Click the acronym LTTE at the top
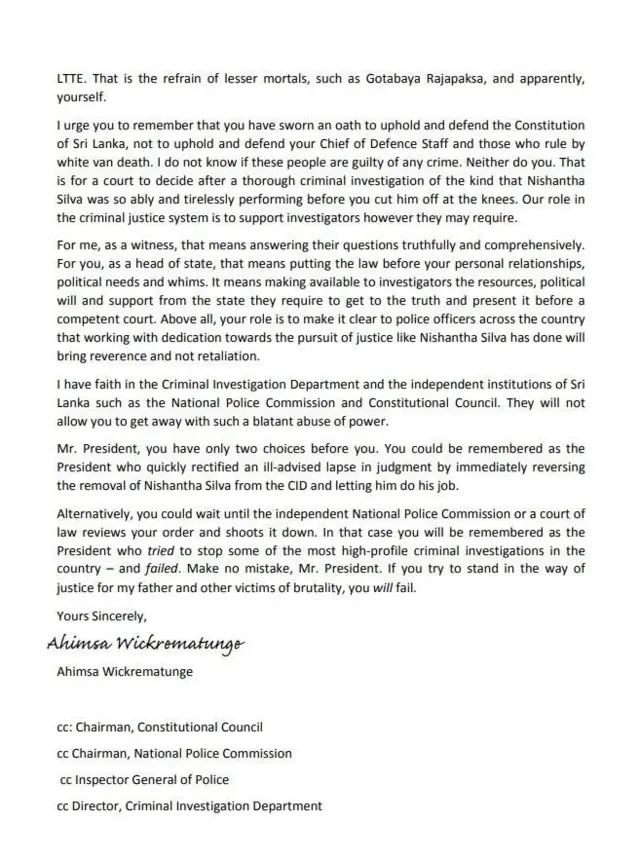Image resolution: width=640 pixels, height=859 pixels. pos(71,77)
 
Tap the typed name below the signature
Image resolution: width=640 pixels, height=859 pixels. pos(126,671)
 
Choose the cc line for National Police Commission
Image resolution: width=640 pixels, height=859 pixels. pos(175,753)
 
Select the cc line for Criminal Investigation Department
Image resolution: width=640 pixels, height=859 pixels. pos(190,805)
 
